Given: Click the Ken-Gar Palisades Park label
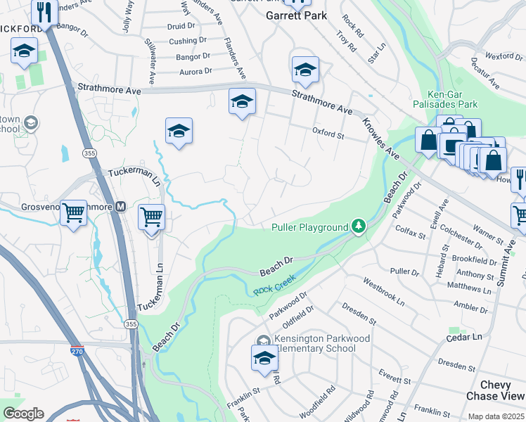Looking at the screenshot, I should coord(452,99).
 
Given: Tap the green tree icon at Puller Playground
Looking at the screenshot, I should coord(359,226).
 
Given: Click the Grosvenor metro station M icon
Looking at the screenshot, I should coord(120,207).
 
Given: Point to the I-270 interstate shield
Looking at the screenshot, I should coord(77,350).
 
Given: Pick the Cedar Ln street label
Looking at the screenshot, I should coord(467,337).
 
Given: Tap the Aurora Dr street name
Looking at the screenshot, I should coord(195,72).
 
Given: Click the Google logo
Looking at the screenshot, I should coord(23,414).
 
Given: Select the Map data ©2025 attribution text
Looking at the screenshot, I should coord(495,416).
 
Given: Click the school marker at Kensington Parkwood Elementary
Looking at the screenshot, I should coord(264,359).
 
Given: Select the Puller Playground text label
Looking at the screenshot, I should coord(309,227).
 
